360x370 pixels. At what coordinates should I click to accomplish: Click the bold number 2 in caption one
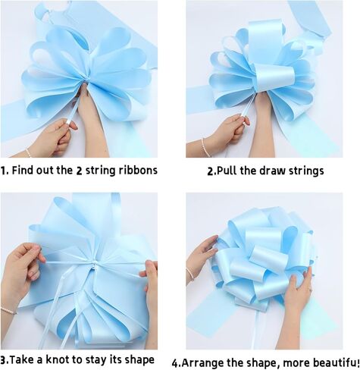[100, 170]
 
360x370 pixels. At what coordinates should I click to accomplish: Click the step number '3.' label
[5, 359]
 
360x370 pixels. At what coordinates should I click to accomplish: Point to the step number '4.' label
[177, 362]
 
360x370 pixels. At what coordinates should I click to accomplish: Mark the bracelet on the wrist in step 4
[189, 274]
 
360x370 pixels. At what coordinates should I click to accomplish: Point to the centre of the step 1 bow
[80, 88]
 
